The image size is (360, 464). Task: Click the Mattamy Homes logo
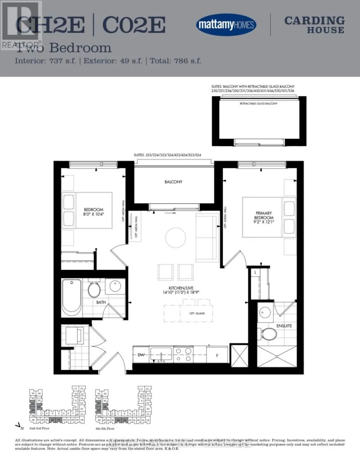coord(226,25)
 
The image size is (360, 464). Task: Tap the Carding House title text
coord(314,25)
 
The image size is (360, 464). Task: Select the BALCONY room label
coord(173,182)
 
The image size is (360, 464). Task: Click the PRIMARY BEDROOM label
coord(264,215)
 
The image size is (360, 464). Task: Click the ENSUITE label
coord(284,326)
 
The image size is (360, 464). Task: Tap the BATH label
coord(101,303)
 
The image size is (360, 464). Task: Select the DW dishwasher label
coord(140,355)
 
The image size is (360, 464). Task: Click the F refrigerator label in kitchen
coord(217,355)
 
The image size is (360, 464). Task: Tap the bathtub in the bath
coord(72,297)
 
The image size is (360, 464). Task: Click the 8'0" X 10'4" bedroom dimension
coord(95,213)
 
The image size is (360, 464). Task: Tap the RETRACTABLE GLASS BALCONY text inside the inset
coord(258,104)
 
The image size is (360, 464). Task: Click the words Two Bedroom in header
coord(63,48)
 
